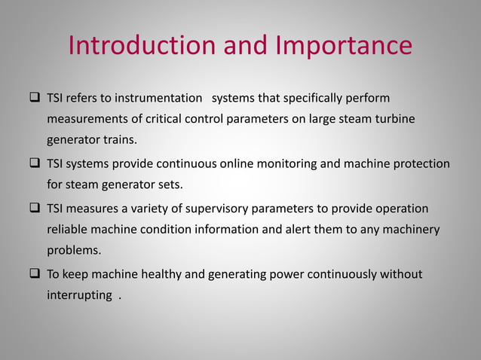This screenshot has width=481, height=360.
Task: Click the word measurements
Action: pyautogui.click(x=81, y=119)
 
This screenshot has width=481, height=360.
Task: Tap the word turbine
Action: pyautogui.click(x=396, y=119)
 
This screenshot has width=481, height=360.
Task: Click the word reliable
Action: pyautogui.click(x=66, y=229)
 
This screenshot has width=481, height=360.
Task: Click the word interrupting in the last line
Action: pyautogui.click(x=79, y=295)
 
